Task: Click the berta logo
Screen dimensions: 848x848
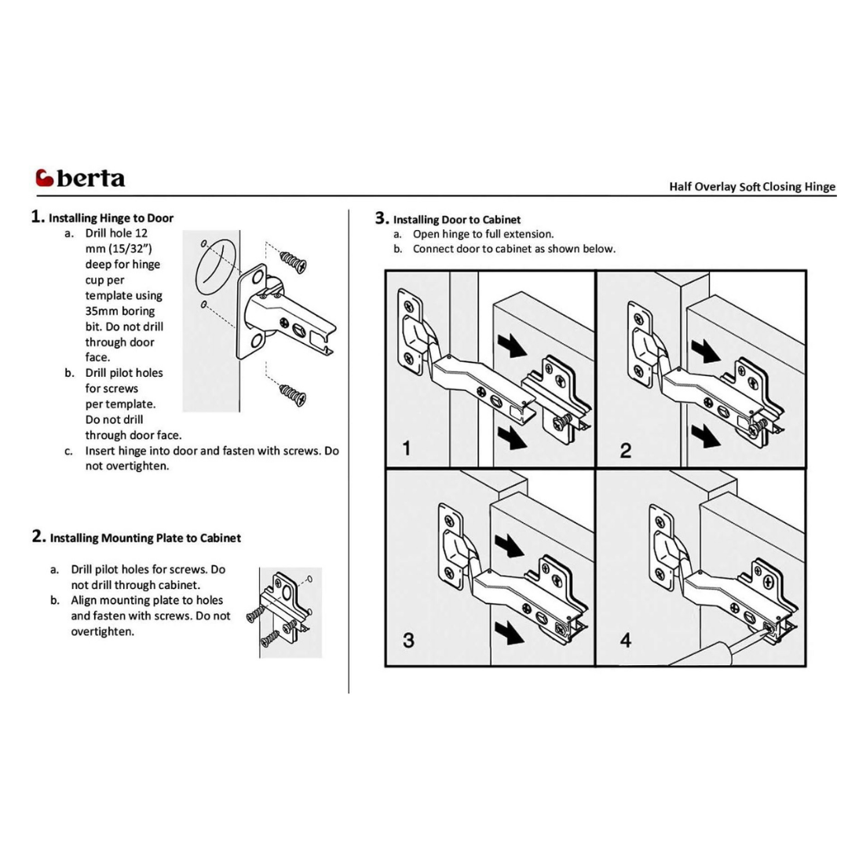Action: (x=80, y=177)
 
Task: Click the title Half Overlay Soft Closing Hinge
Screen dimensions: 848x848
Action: (x=751, y=187)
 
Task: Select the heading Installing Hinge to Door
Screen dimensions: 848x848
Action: (x=111, y=217)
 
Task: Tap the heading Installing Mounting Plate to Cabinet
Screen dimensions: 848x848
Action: (x=145, y=538)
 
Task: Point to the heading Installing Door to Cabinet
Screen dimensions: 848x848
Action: (x=456, y=219)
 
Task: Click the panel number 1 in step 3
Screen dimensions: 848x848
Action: (x=406, y=449)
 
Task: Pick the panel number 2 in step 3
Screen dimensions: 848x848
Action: (x=625, y=450)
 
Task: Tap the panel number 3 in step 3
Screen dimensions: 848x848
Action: (x=408, y=640)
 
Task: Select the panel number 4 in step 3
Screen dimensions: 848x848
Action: (x=625, y=640)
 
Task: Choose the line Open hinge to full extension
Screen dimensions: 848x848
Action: (x=483, y=234)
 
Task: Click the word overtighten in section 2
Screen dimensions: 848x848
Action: (x=102, y=631)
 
